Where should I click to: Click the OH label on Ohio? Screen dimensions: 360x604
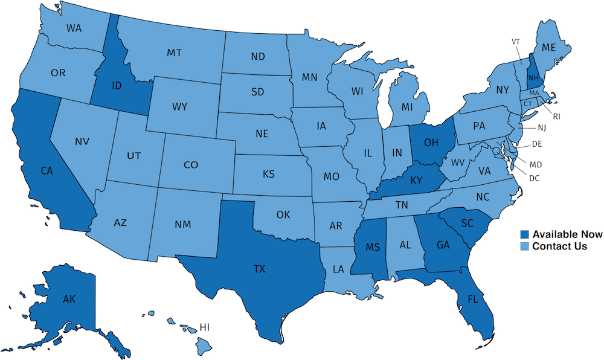[x=431, y=143]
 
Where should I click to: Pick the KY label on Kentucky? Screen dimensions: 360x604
[x=416, y=179]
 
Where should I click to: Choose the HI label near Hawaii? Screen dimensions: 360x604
[x=205, y=327]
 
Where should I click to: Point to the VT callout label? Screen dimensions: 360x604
[x=516, y=42]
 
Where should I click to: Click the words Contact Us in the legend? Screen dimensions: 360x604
[x=559, y=246]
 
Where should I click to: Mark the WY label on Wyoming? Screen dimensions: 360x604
[x=179, y=107]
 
